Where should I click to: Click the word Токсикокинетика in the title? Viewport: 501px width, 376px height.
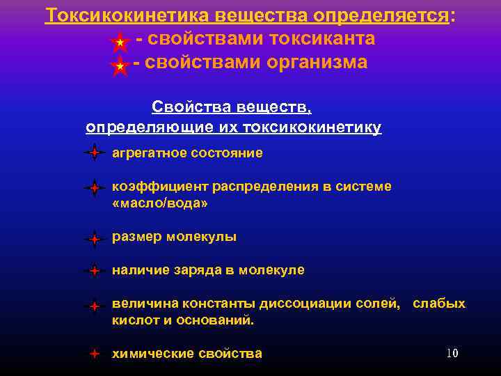[x=130, y=15]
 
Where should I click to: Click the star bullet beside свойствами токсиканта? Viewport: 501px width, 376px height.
[x=120, y=43]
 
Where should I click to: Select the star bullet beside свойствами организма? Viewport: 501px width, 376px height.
[x=120, y=66]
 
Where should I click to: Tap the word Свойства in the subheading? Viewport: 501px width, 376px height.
[x=183, y=107]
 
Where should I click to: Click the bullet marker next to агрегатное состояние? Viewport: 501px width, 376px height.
[x=94, y=152]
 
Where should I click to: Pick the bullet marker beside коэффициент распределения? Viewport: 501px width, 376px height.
[x=94, y=188]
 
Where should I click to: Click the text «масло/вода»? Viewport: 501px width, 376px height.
[x=160, y=203]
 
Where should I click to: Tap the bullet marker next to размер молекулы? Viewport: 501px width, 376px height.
[x=94, y=240]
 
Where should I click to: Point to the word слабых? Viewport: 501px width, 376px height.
[x=439, y=304]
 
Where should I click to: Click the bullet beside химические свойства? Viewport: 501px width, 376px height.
[x=94, y=354]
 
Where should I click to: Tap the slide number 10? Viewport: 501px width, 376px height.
[x=452, y=353]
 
